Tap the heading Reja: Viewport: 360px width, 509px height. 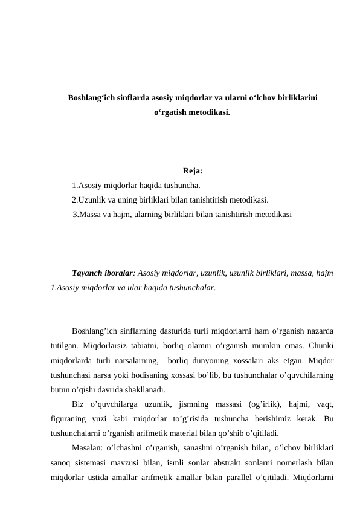pyautogui.click(x=192, y=171)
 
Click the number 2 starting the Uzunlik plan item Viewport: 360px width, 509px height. pyautogui.click(x=74, y=200)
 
